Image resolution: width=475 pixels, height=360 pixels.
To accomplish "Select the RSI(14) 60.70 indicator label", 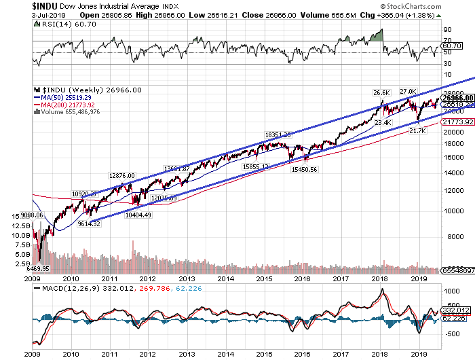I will [x=58, y=24].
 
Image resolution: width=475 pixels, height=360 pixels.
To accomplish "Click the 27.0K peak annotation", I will [x=407, y=91].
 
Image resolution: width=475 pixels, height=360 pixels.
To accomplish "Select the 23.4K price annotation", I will [x=383, y=123].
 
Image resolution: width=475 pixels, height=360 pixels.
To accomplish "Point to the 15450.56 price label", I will [x=304, y=169].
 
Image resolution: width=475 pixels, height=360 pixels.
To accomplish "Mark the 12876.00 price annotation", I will [x=122, y=156].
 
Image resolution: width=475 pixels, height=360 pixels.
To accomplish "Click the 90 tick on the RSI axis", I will [x=448, y=30].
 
